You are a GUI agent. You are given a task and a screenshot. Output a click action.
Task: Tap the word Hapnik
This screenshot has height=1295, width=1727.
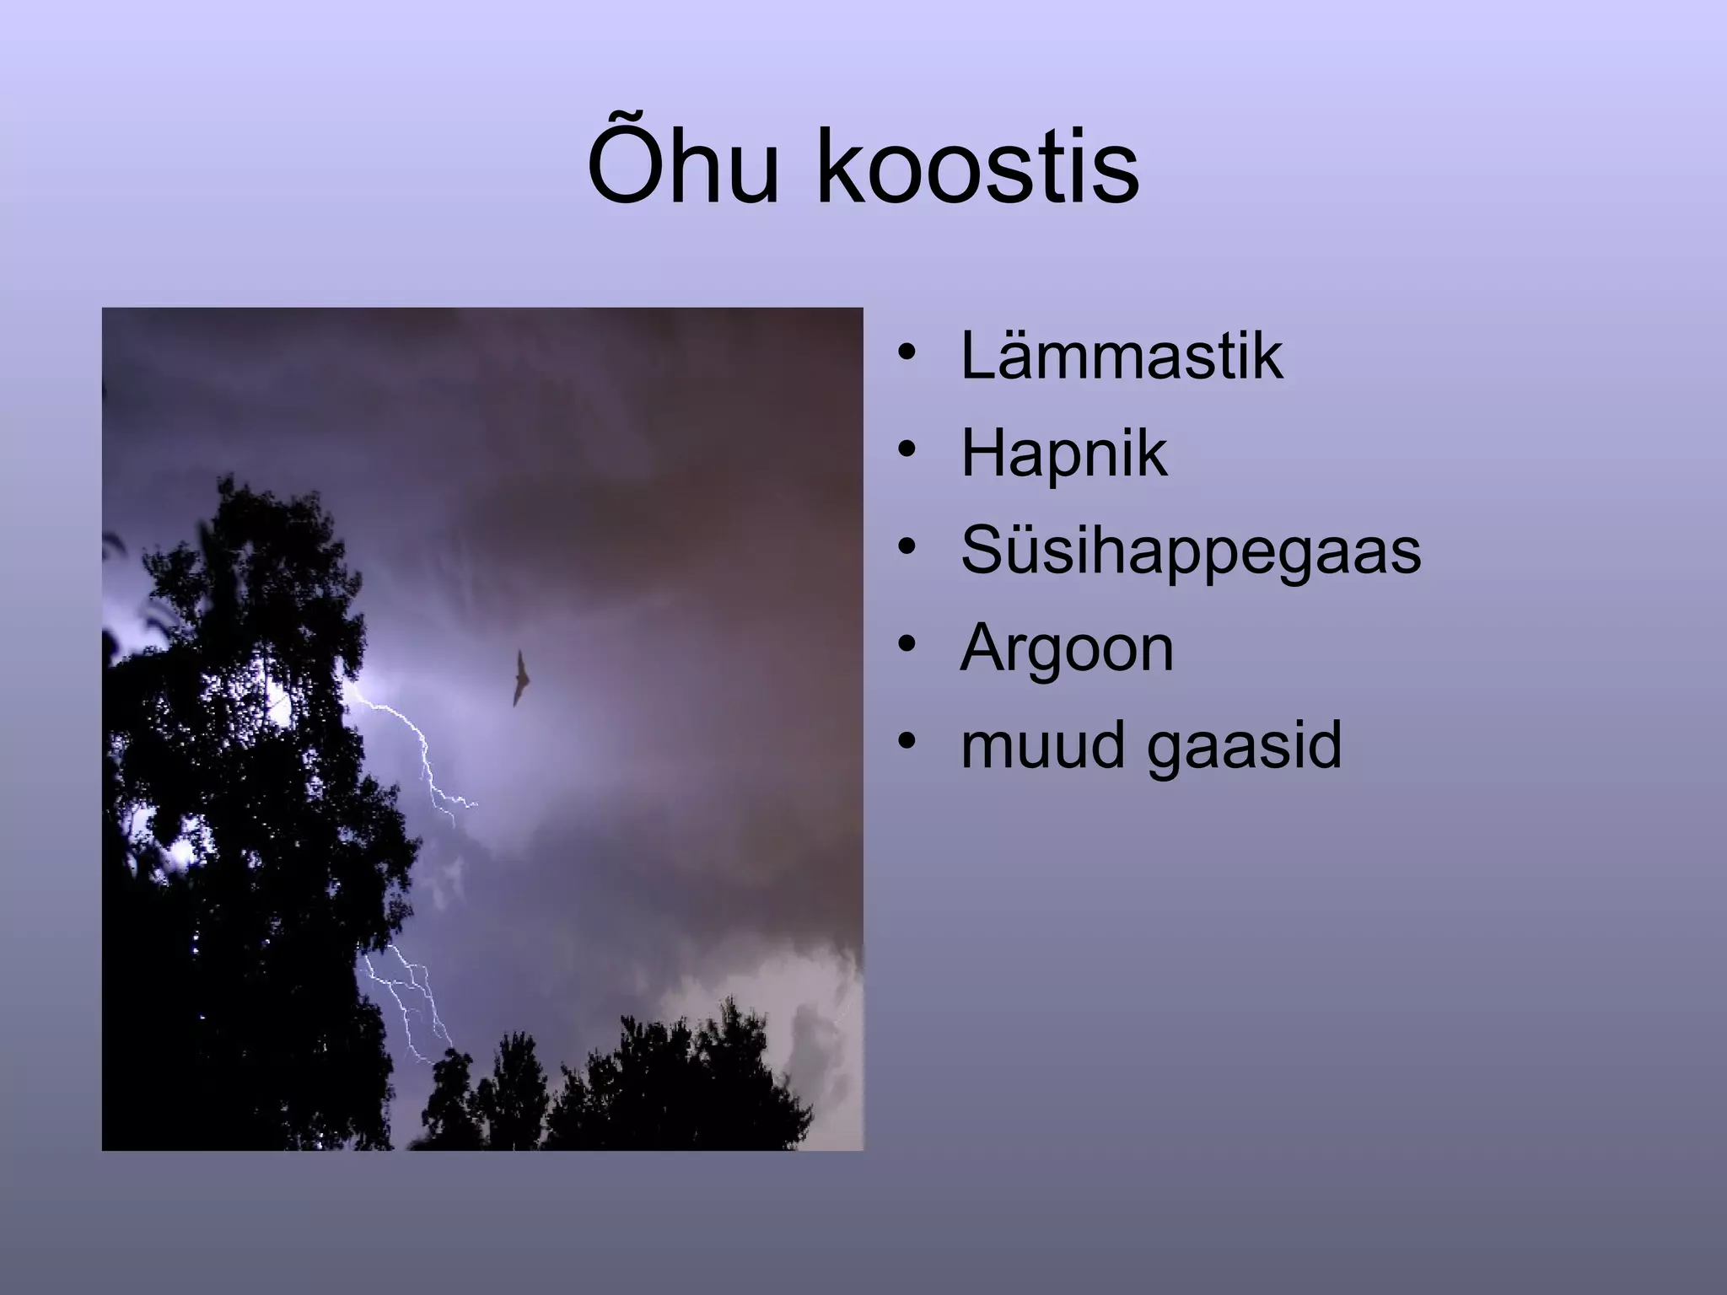coord(1063,454)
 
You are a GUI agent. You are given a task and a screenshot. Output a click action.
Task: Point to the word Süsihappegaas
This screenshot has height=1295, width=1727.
coord(1191,551)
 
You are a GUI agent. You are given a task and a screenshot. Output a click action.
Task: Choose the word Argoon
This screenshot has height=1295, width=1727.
coord(1067,649)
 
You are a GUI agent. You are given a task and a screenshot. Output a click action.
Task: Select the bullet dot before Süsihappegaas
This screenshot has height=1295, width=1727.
coord(907,547)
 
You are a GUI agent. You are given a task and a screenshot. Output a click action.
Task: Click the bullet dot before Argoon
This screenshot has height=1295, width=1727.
coord(907,644)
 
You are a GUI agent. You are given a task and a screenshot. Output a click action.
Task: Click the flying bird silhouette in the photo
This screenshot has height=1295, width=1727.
coord(520,677)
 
